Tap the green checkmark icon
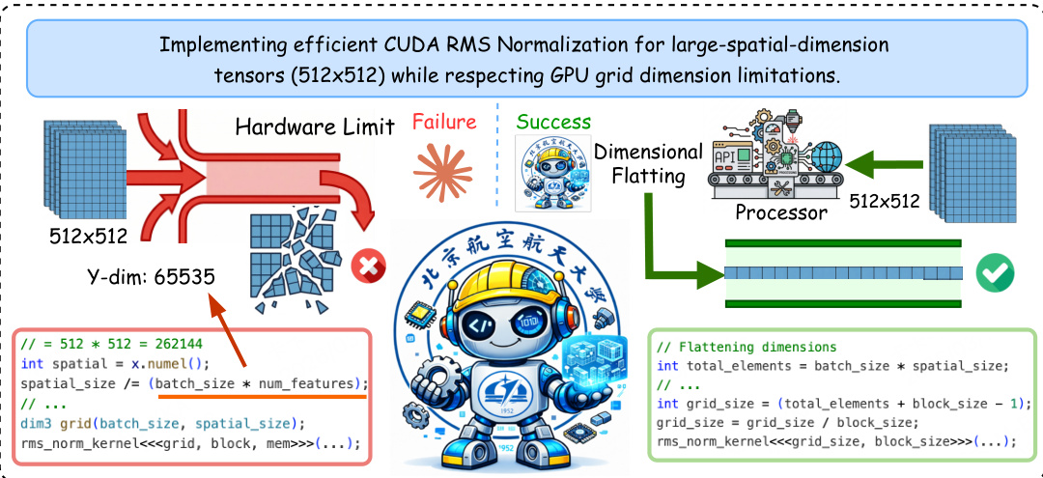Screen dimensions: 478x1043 994,273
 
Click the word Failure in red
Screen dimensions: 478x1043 444,122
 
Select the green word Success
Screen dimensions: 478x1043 553,122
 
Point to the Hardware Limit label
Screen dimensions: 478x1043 315,127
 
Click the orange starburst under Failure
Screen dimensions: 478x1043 443,163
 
